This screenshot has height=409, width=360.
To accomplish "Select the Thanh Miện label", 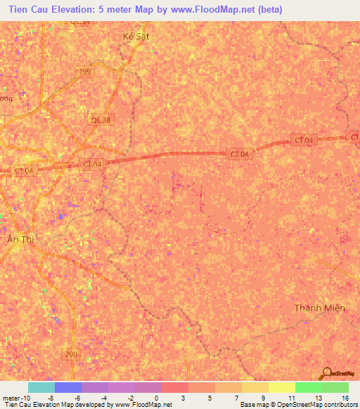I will [x=319, y=308].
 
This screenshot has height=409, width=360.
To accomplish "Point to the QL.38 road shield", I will [x=101, y=120].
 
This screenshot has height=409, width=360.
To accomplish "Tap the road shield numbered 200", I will [x=71, y=353].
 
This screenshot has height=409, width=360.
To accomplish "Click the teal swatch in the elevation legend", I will [x=41, y=387].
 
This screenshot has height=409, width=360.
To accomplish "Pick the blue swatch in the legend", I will [x=68, y=387].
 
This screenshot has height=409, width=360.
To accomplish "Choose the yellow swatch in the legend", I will [x=281, y=387].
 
